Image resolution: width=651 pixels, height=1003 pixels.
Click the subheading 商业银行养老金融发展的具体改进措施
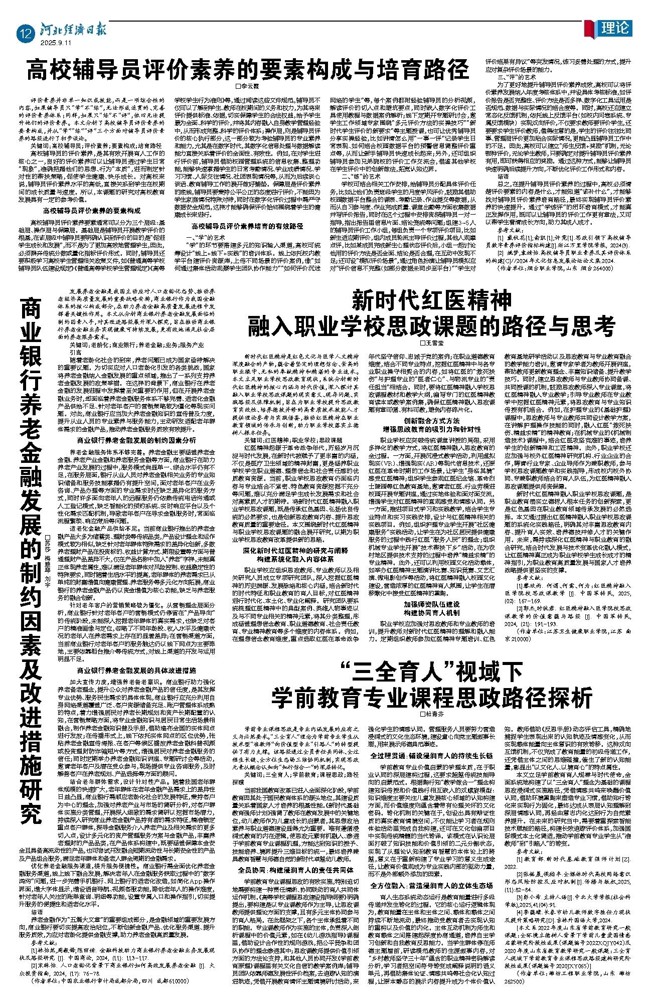129,670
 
